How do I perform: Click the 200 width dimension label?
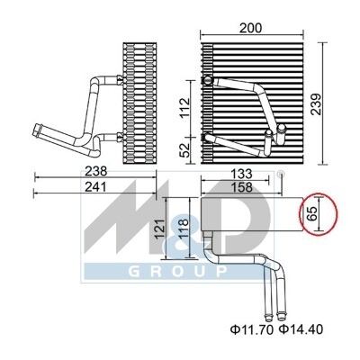250,28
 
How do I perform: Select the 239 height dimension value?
316,104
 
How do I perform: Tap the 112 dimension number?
185,107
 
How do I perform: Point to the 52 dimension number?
185,149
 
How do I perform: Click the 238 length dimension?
96,171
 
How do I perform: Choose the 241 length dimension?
96,187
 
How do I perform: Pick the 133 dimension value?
242,174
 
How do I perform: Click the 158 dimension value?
242,187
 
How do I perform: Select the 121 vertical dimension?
160,229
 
